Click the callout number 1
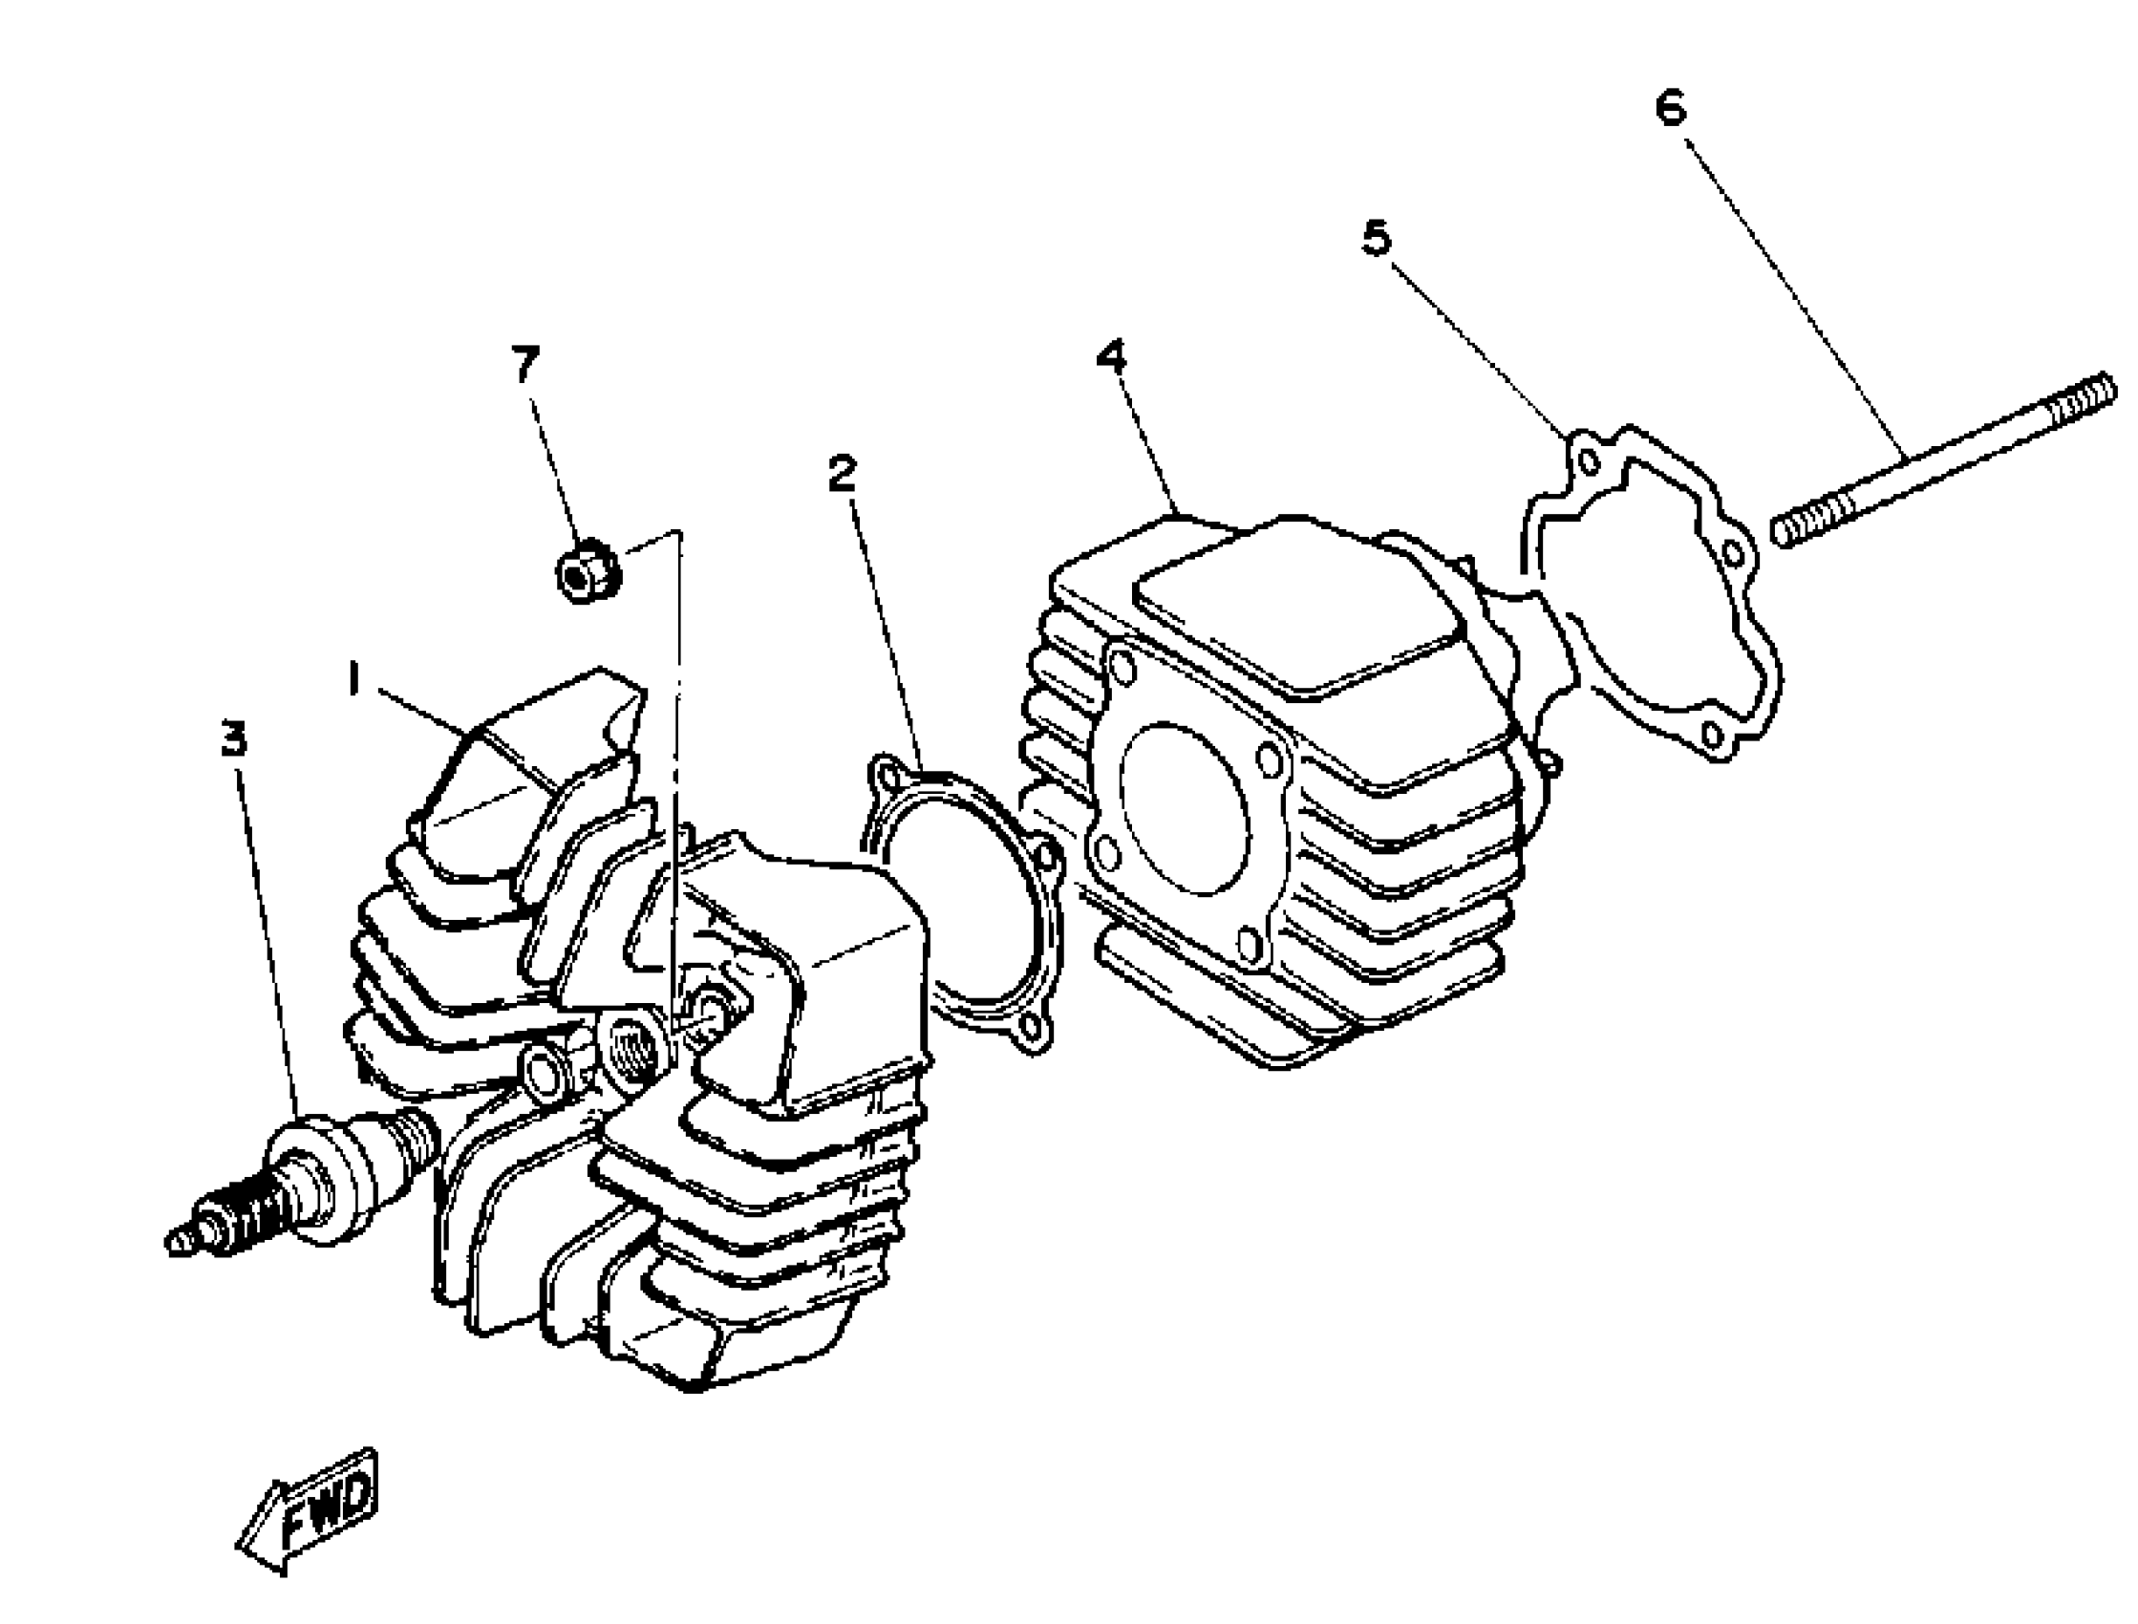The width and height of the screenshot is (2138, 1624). tap(353, 679)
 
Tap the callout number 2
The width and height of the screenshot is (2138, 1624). tap(842, 473)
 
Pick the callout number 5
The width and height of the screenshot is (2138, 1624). tap(1376, 238)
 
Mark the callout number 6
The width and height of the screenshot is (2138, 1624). tap(1670, 107)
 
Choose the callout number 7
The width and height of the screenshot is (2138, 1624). tap(524, 364)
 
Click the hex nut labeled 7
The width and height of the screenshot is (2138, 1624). tap(587, 573)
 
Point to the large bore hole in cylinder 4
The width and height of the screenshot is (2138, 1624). tap(1185, 807)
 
